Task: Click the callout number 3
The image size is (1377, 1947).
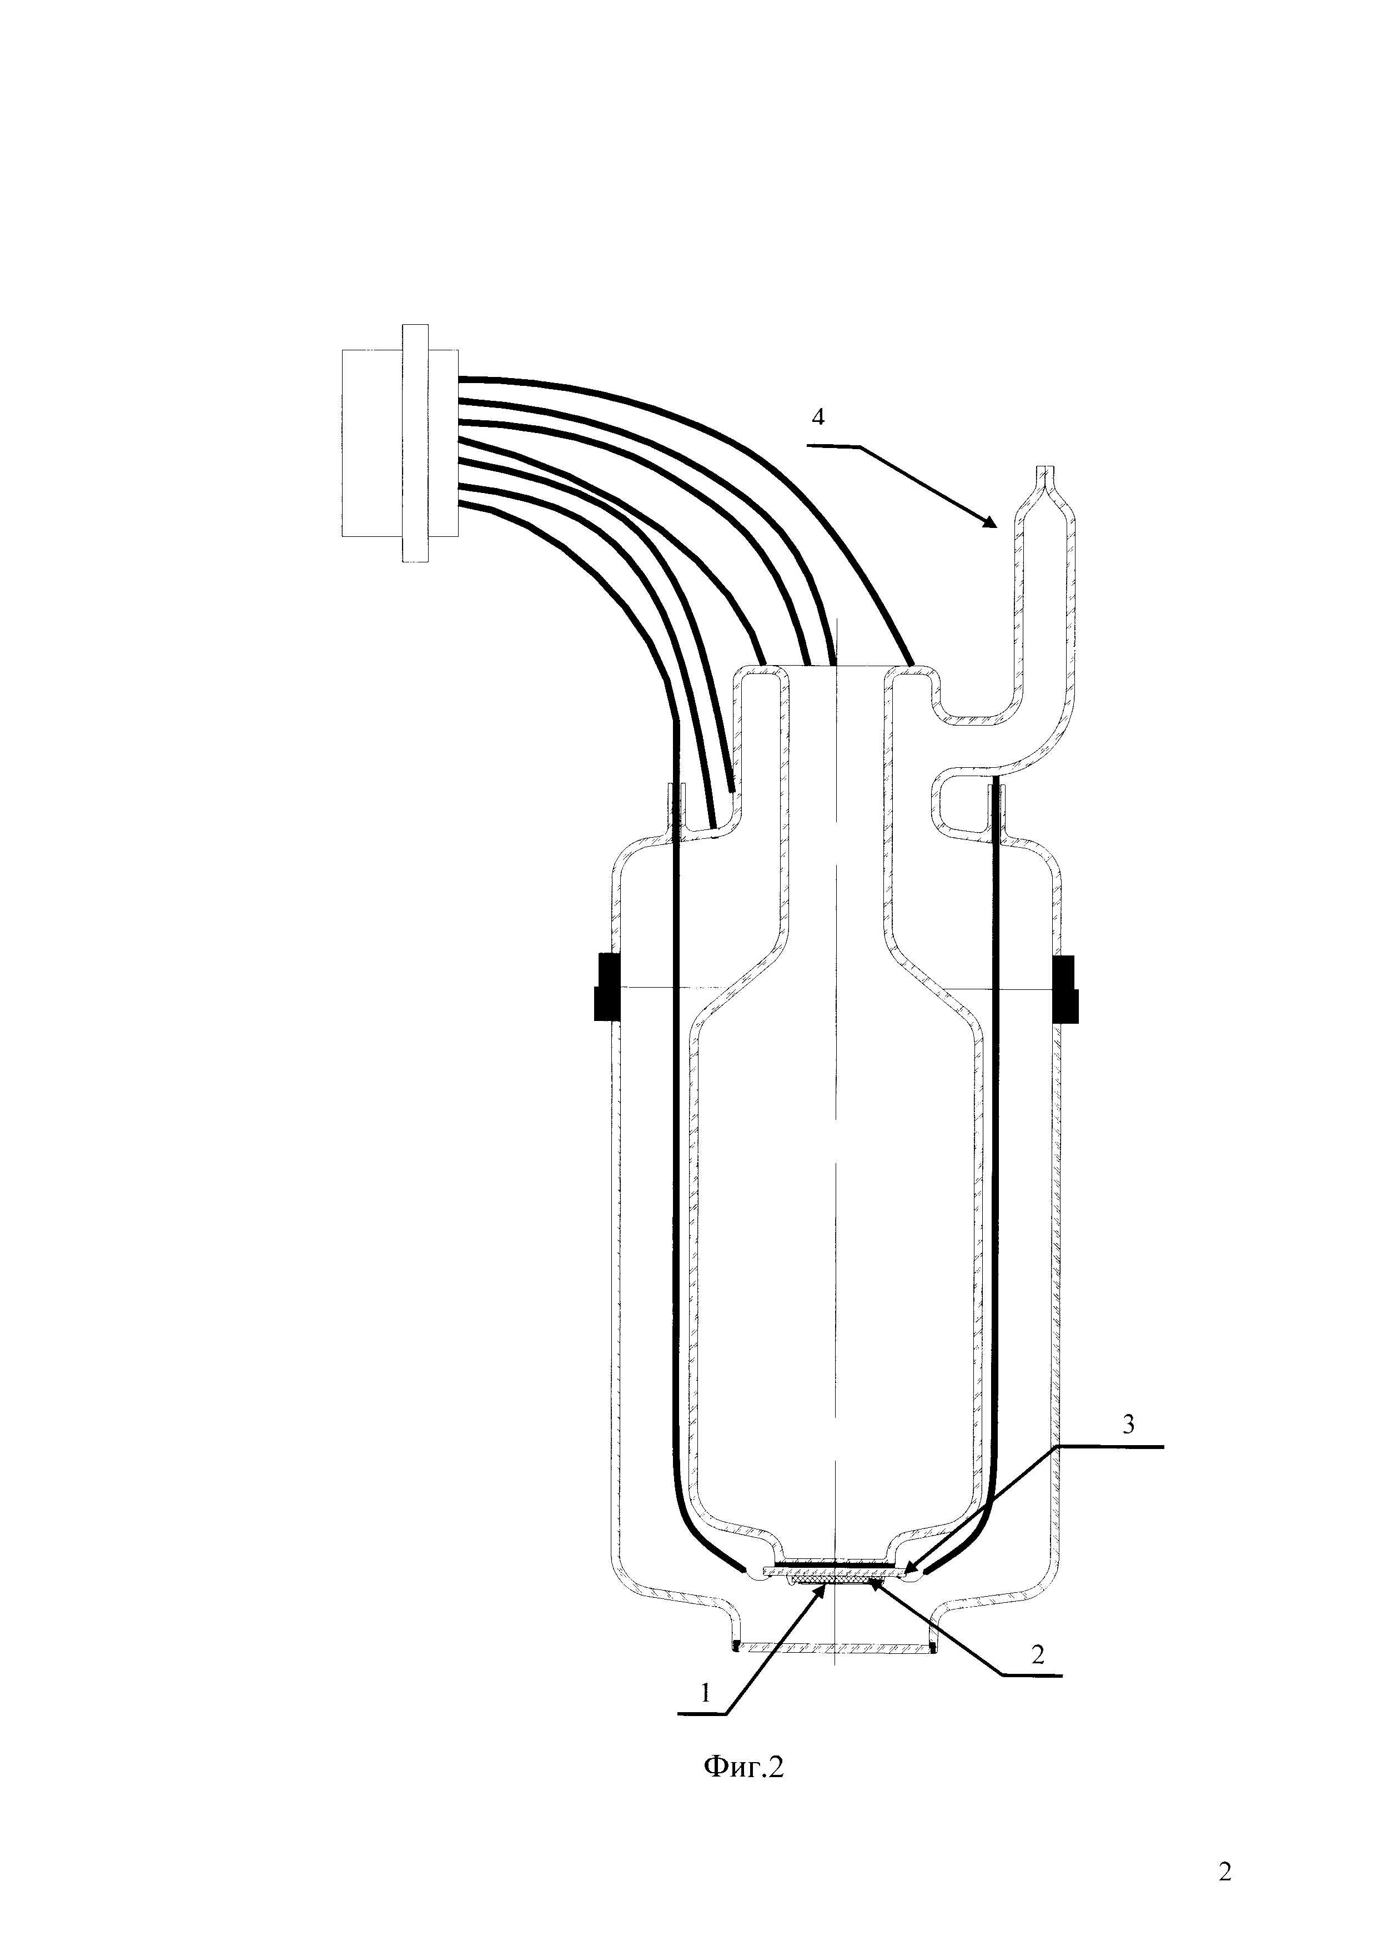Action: (1128, 1424)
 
